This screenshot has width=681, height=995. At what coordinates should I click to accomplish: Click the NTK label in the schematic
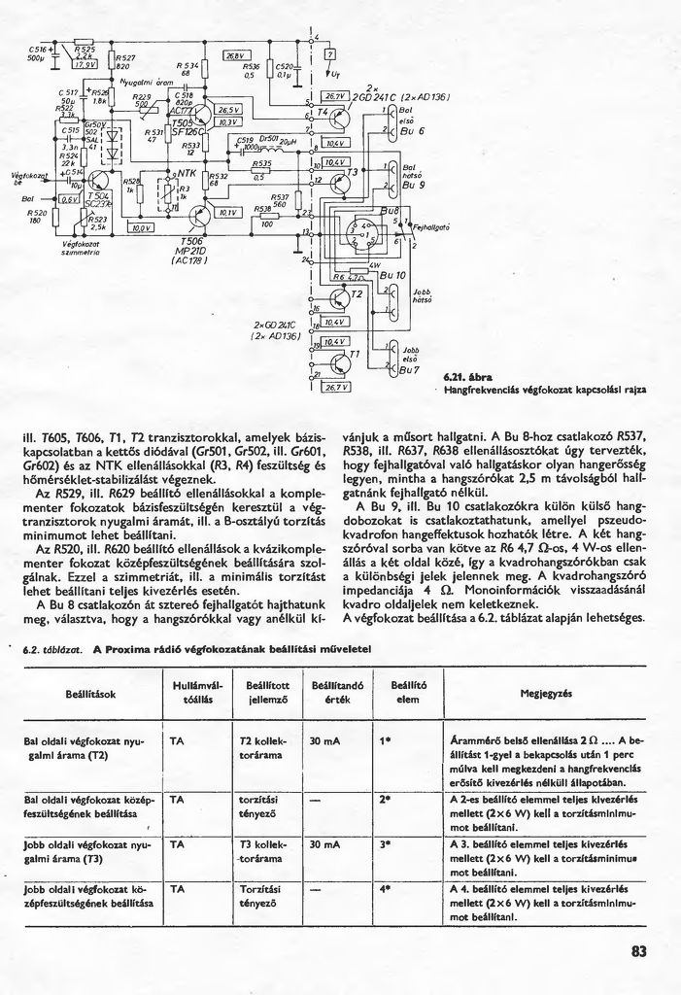pyautogui.click(x=183, y=172)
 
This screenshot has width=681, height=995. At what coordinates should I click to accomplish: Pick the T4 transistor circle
pyautogui.click(x=341, y=117)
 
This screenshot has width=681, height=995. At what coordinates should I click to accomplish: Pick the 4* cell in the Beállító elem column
pyautogui.click(x=385, y=888)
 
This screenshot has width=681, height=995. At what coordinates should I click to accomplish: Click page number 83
pyautogui.click(x=637, y=951)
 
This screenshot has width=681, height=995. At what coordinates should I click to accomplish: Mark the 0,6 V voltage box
pyautogui.click(x=70, y=199)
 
